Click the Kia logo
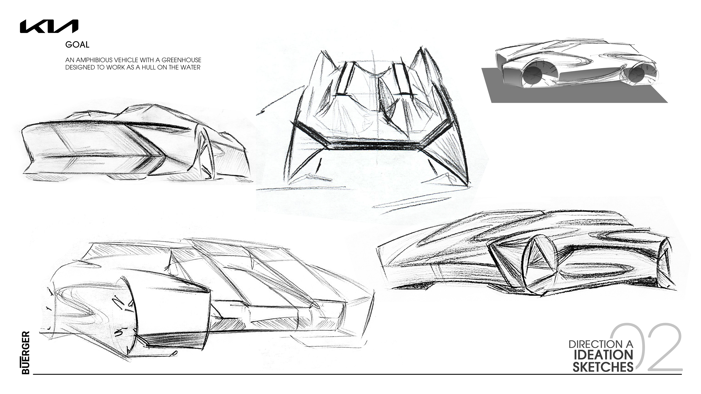coord(49,26)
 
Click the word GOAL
coord(77,45)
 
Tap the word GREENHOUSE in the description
coord(181,60)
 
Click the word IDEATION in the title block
coord(604,355)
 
